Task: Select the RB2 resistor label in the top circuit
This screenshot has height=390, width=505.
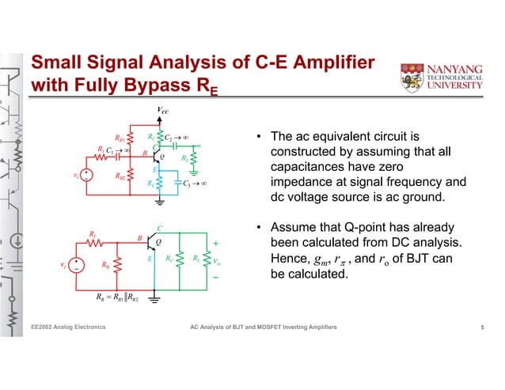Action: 121,176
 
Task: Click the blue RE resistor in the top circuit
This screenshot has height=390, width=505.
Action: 161,184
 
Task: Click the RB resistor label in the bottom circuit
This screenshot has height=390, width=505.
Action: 107,266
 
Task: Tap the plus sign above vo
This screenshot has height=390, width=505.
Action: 216,244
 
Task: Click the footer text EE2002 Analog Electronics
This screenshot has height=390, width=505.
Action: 67,327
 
